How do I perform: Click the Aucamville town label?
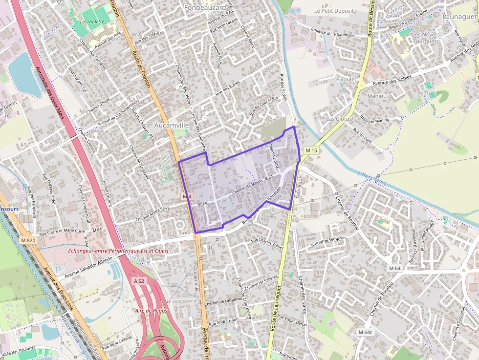pyautogui.click(x=171, y=126)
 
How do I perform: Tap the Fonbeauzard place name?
pyautogui.click(x=206, y=7)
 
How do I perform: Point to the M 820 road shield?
pyautogui.click(x=28, y=240)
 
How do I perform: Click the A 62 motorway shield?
pyautogui.click(x=139, y=281)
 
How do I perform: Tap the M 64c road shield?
pyautogui.click(x=365, y=332)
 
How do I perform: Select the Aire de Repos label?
pyautogui.click(x=151, y=311)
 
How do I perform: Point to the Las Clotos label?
pyautogui.click(x=339, y=119)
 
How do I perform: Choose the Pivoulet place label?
pyautogui.click(x=346, y=79)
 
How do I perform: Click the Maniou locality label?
pyautogui.click(x=377, y=96)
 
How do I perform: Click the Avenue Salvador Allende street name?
pyautogui.click(x=88, y=269)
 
